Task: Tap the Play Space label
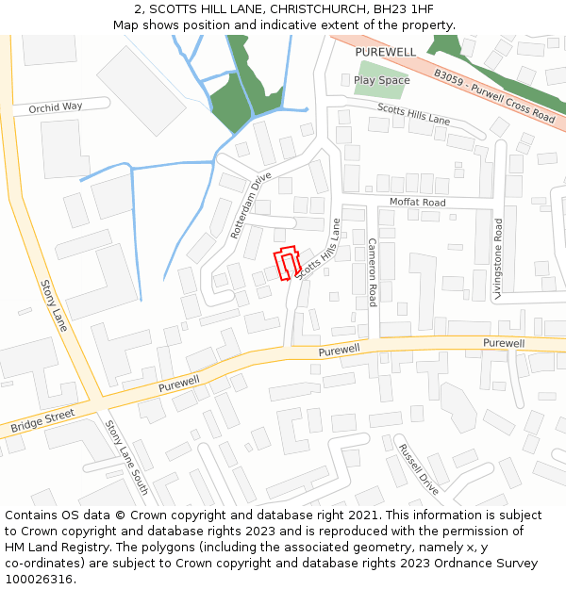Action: pyautogui.click(x=382, y=80)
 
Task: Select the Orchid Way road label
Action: pyautogui.click(x=56, y=107)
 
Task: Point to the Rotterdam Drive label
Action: pyautogui.click(x=251, y=205)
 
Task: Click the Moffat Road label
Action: pyautogui.click(x=417, y=203)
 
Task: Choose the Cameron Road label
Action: pyautogui.click(x=373, y=271)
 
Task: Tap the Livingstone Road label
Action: pyautogui.click(x=497, y=258)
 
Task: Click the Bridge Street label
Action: pyautogui.click(x=42, y=421)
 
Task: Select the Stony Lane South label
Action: pyautogui.click(x=127, y=458)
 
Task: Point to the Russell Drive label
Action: pyautogui.click(x=419, y=468)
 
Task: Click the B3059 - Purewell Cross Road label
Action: pyautogui.click(x=494, y=94)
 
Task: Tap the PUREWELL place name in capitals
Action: pyautogui.click(x=386, y=51)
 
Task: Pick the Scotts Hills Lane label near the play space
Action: pyautogui.click(x=413, y=114)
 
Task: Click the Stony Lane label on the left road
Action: pyautogui.click(x=54, y=305)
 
